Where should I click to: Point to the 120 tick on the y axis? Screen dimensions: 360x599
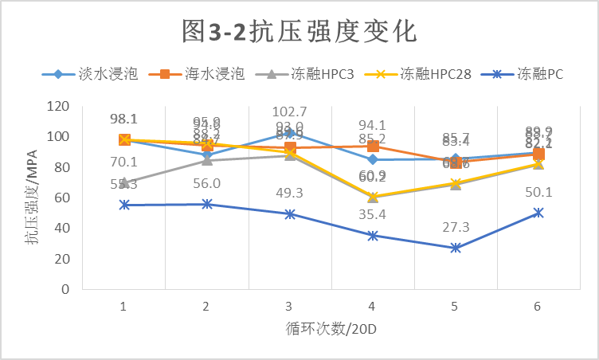pos(57,106)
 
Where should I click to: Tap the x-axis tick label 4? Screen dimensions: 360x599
pos(372,307)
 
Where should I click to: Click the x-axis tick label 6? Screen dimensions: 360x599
pos(538,307)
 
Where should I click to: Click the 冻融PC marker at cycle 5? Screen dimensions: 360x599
pos(455,248)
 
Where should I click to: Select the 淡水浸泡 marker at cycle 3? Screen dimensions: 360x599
pos(289,132)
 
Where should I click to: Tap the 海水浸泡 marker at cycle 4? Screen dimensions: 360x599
pos(372,146)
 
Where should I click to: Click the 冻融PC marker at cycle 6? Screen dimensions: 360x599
pos(538,213)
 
